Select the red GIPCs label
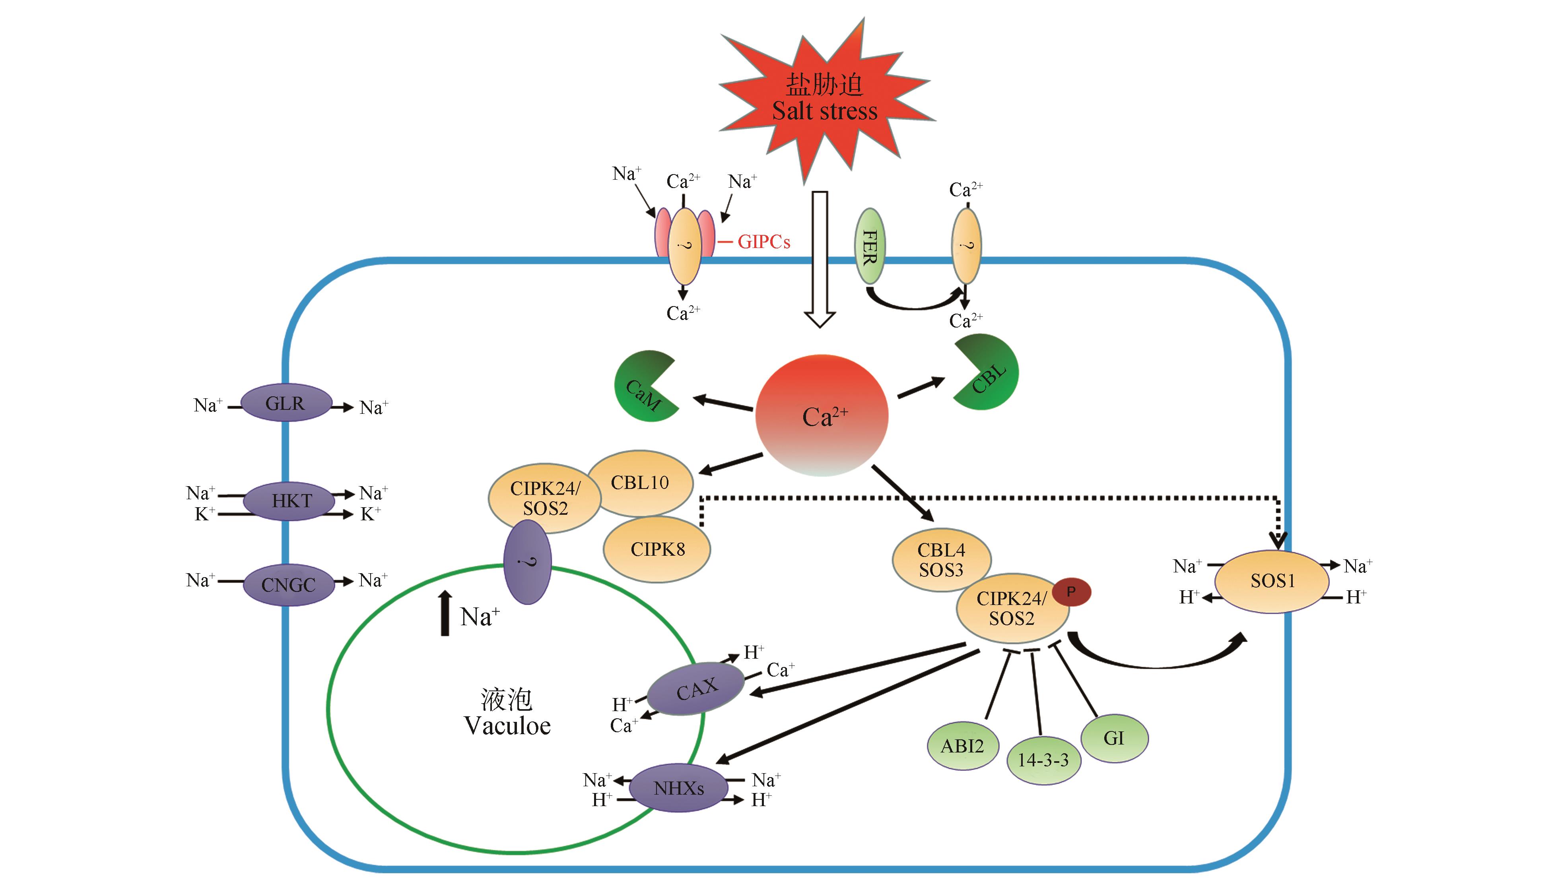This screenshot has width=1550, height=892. tap(763, 242)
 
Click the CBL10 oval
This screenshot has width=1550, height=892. tap(640, 483)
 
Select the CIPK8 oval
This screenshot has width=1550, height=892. tap(657, 549)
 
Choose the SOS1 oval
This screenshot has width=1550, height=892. tap(1272, 581)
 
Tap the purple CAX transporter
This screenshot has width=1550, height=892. tap(696, 688)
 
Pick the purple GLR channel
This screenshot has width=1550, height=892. tap(286, 403)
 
